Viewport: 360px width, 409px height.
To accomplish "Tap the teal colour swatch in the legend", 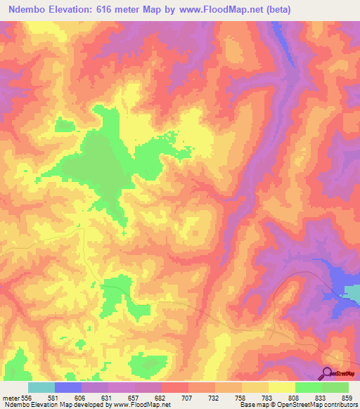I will pyautogui.click(x=41, y=387).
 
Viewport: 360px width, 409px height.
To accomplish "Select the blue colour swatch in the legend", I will pyautogui.click(x=68, y=387).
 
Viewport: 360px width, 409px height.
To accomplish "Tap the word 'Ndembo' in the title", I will pyautogui.click(x=30, y=9).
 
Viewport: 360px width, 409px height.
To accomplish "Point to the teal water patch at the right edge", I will pyautogui.click(x=352, y=290).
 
